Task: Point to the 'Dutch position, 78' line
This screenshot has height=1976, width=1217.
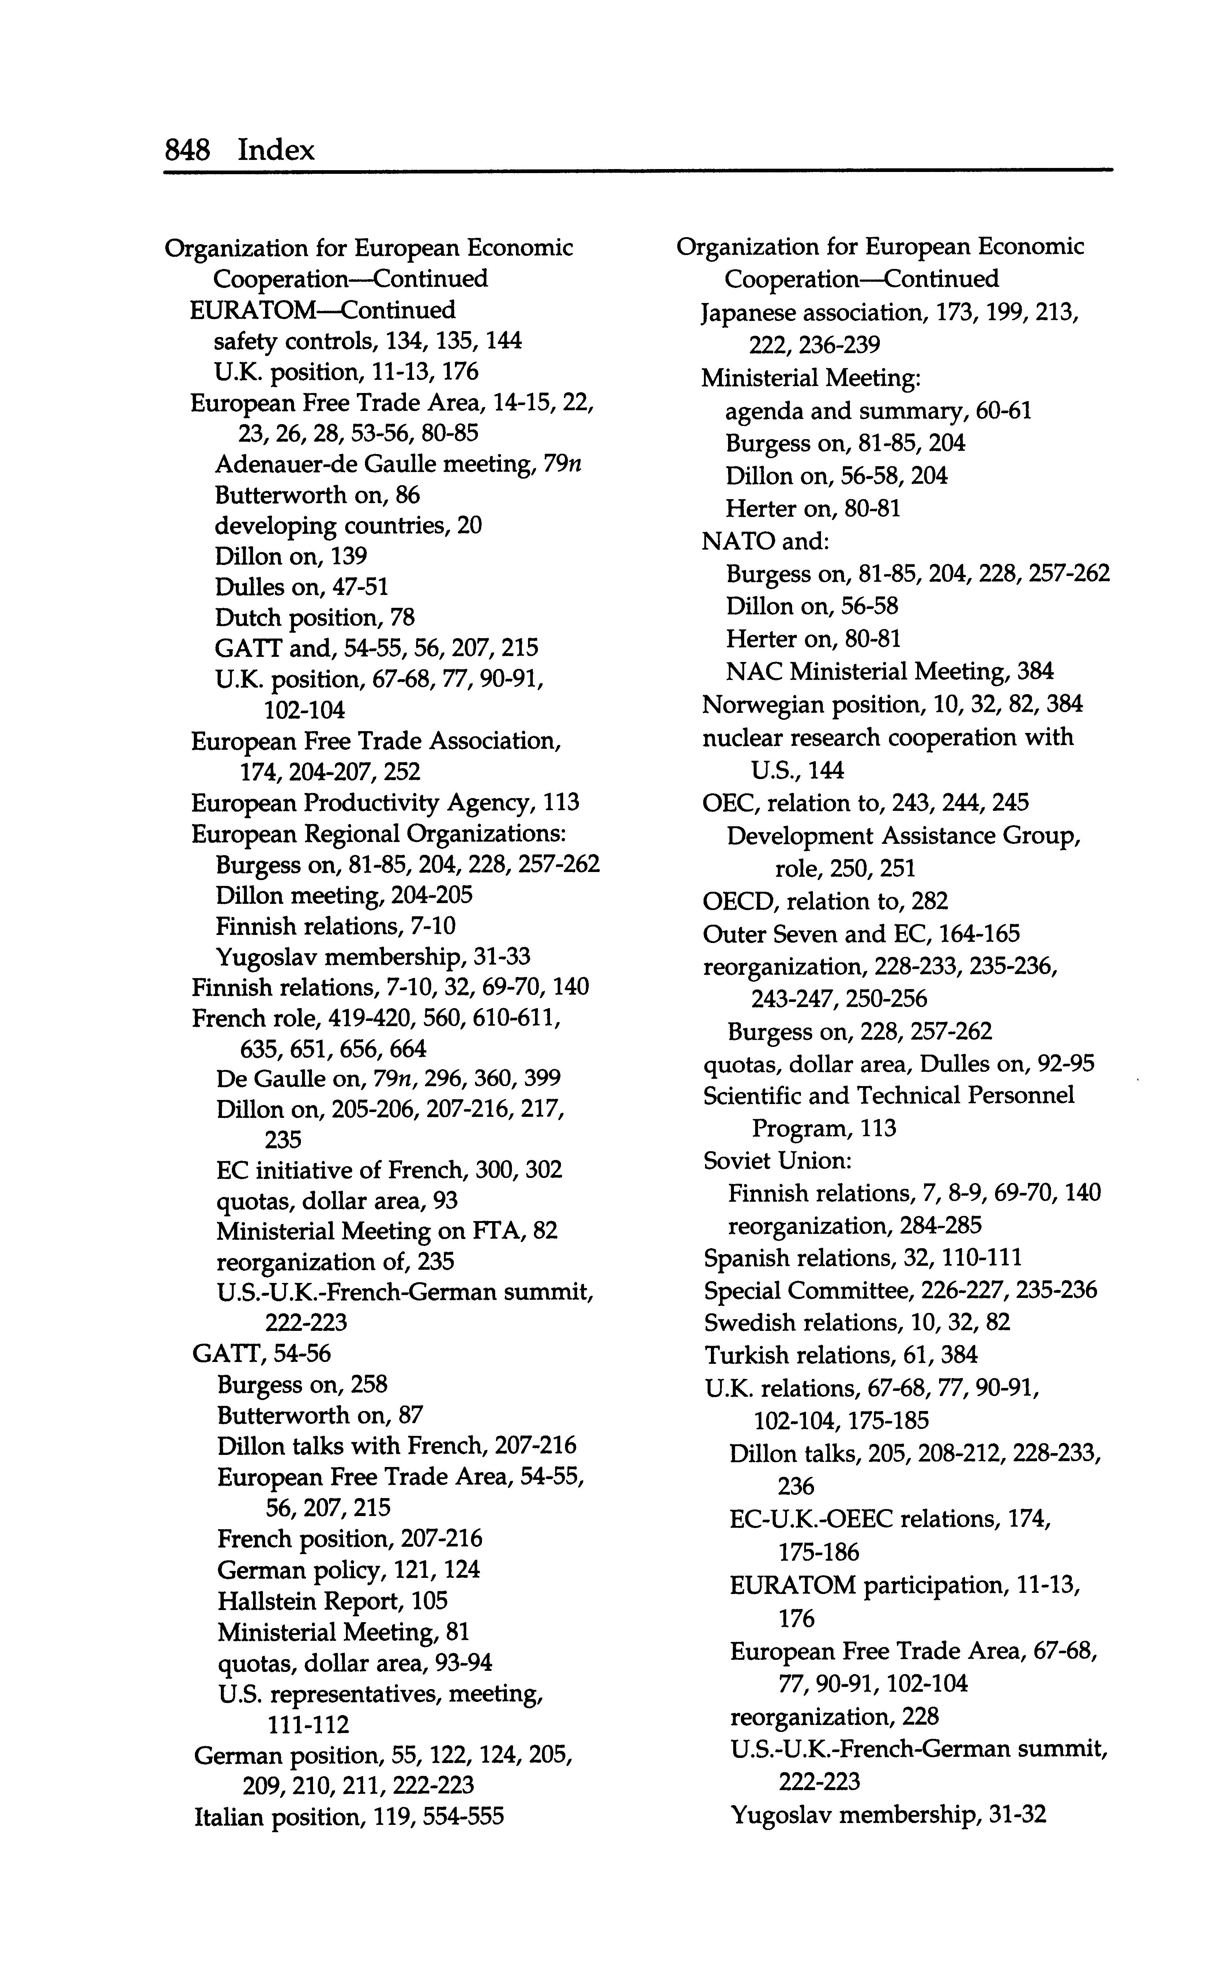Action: (315, 618)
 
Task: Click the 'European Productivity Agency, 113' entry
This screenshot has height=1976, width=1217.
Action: (385, 803)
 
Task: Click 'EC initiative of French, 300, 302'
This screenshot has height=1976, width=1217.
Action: (389, 1169)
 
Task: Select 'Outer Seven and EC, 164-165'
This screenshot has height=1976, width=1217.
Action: (860, 934)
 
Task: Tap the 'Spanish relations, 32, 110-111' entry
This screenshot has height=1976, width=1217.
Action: (863, 1258)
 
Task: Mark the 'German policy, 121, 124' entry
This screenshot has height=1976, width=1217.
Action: (348, 1569)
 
